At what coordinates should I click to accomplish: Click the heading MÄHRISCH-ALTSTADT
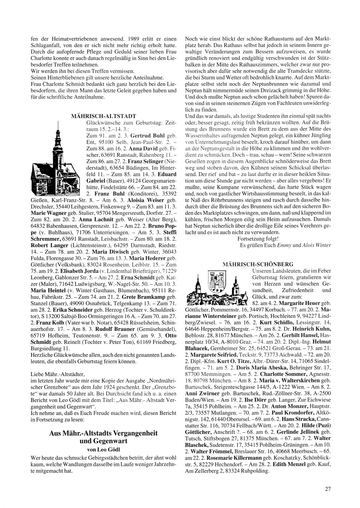(104, 116)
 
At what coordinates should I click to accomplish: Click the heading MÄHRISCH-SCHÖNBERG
(258, 264)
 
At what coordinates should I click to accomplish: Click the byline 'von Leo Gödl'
(104, 449)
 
